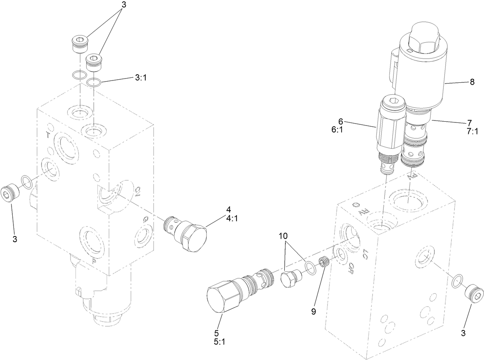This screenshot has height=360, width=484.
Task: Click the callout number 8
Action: click(472, 82)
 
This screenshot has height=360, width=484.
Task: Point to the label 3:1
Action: click(140, 77)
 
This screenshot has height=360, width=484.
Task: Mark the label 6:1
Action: click(337, 130)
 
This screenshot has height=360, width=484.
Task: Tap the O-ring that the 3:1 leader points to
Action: click(94, 82)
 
